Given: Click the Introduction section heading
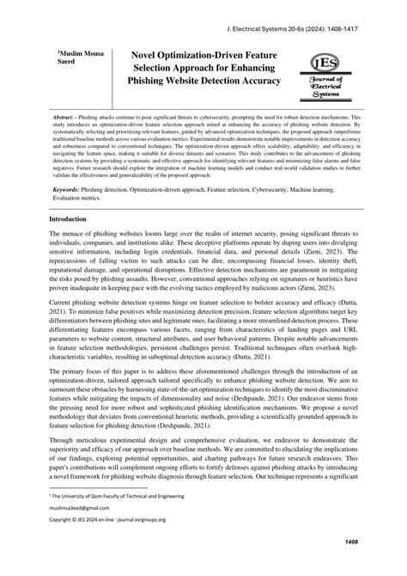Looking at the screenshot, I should [73, 219].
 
